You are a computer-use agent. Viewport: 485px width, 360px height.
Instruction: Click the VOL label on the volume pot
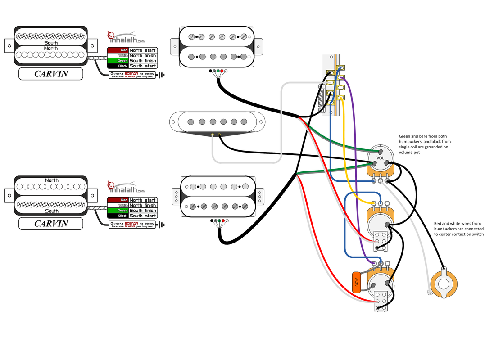coord(381,158)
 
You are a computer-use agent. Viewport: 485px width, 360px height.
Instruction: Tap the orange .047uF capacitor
coord(357,282)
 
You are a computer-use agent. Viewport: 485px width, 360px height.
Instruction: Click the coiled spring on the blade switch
coord(321,99)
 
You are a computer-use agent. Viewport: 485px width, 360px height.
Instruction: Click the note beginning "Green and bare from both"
coord(425,144)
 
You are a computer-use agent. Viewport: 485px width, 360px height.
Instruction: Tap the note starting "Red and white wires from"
coord(458,229)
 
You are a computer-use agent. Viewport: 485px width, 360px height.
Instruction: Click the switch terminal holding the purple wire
coord(341,77)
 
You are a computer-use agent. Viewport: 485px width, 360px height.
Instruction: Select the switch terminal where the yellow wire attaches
coord(341,97)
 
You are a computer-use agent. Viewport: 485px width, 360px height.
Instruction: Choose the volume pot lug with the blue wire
coord(374,181)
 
